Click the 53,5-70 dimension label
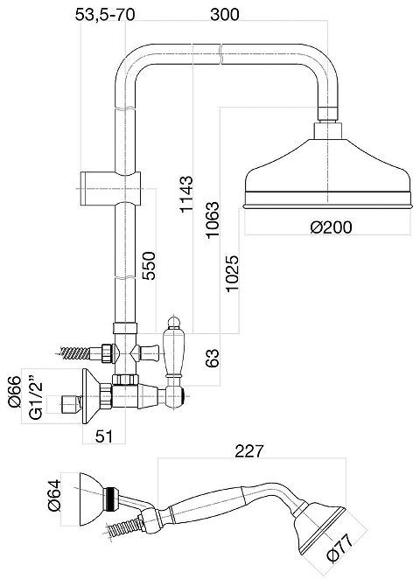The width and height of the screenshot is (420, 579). click(x=105, y=15)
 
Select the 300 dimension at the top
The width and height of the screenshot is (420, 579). click(x=225, y=15)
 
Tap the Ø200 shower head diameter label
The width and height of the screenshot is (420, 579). click(x=331, y=227)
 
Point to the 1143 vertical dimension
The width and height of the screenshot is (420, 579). click(x=186, y=194)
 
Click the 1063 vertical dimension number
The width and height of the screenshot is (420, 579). click(x=213, y=220)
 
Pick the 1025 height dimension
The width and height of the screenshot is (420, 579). click(x=233, y=273)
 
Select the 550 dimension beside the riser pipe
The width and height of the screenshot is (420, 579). click(x=149, y=266)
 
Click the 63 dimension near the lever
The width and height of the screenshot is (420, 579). click(x=213, y=359)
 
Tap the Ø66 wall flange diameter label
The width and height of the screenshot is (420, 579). click(x=15, y=392)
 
